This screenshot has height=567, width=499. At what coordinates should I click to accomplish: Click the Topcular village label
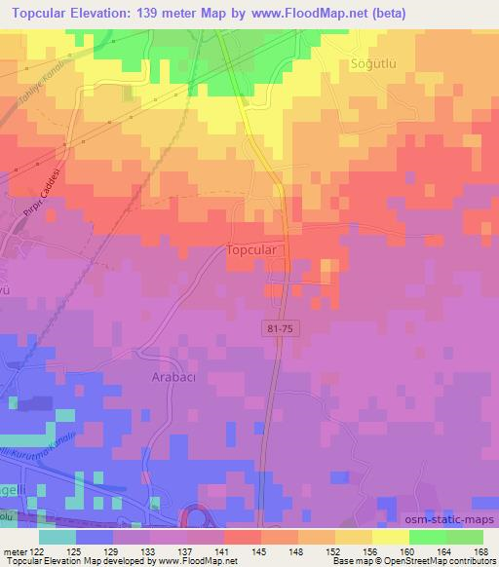255,249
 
